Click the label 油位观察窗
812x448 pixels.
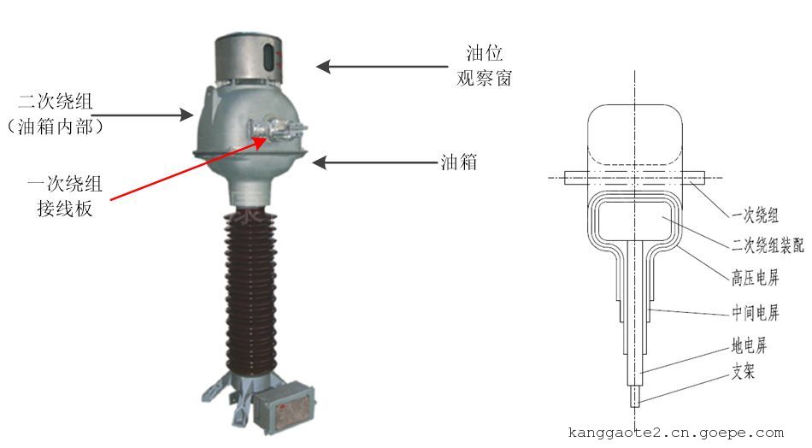pyautogui.click(x=484, y=66)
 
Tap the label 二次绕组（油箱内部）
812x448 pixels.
pyautogui.click(x=56, y=114)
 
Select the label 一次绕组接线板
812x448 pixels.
pyautogui.click(x=65, y=196)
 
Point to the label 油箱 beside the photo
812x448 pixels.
pyautogui.click(x=458, y=162)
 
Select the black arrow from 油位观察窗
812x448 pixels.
pyautogui.click(x=382, y=67)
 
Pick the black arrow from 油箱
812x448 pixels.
pyautogui.click(x=375, y=163)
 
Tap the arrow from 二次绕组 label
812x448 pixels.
pyautogui.click(x=142, y=115)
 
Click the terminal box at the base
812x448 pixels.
pyautogui.click(x=285, y=408)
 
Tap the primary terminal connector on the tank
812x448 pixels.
pyautogui.click(x=277, y=128)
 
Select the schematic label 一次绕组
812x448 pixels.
pyautogui.click(x=755, y=215)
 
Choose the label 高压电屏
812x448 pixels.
pyautogui.click(x=755, y=278)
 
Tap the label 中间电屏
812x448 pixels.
pyautogui.click(x=755, y=312)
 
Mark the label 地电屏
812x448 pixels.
pyautogui.click(x=748, y=345)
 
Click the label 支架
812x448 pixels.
pyautogui.click(x=743, y=371)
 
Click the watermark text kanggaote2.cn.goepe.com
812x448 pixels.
pyautogui.click(x=676, y=433)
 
